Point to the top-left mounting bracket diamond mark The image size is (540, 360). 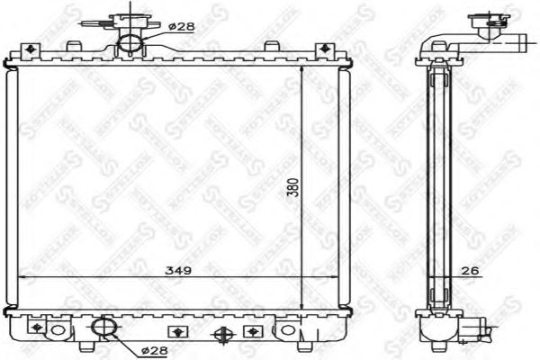(x=32, y=49)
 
